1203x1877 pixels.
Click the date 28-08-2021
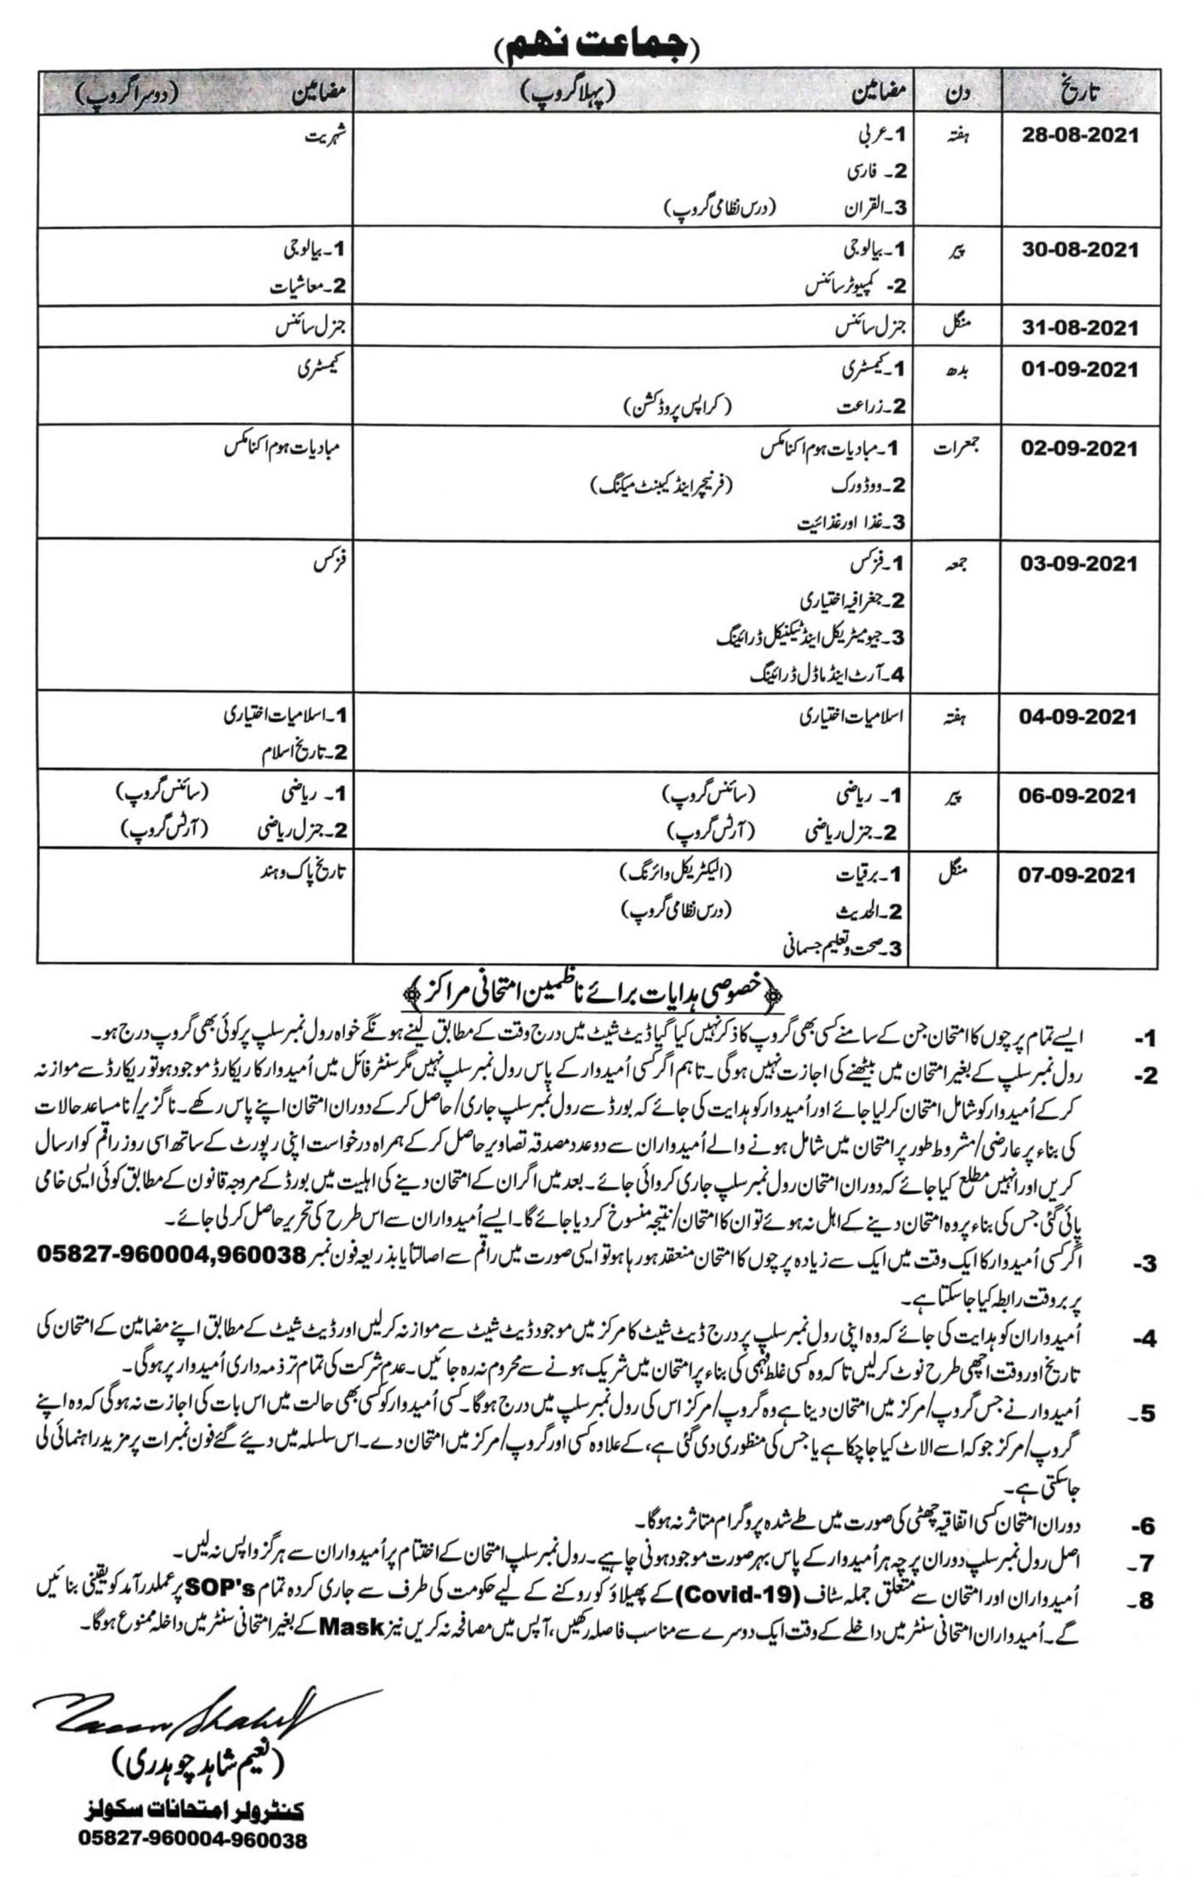tap(1080, 135)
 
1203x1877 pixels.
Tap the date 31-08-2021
tap(1080, 328)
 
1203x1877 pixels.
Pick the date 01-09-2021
tap(1080, 369)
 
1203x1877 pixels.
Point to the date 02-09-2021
tap(1080, 448)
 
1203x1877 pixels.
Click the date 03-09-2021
tap(1078, 563)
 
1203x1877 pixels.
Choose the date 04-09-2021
tap(1078, 717)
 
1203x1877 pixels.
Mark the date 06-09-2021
tap(1078, 795)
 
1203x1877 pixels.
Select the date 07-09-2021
tap(1078, 874)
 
